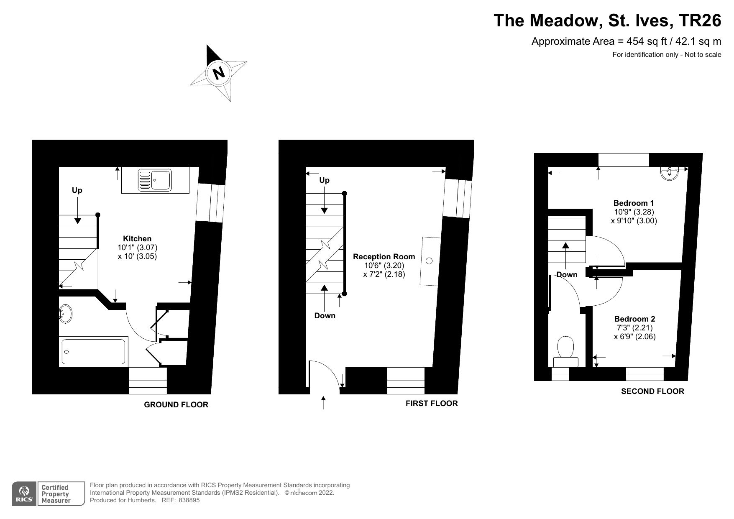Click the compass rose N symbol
[x=218, y=73]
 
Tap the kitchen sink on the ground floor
[x=155, y=180]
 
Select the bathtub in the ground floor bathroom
[x=93, y=351]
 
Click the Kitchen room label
[x=137, y=239]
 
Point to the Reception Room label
[x=384, y=257]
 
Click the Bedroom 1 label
[x=634, y=203]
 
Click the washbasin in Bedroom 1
[x=670, y=173]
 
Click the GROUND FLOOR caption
[x=176, y=404]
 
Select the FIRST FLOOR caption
[x=432, y=403]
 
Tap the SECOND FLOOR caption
[x=652, y=391]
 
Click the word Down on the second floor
[x=567, y=275]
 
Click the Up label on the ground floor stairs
[x=77, y=190]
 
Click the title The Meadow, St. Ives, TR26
[x=607, y=20]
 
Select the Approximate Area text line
[x=626, y=41]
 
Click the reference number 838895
[x=189, y=500]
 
